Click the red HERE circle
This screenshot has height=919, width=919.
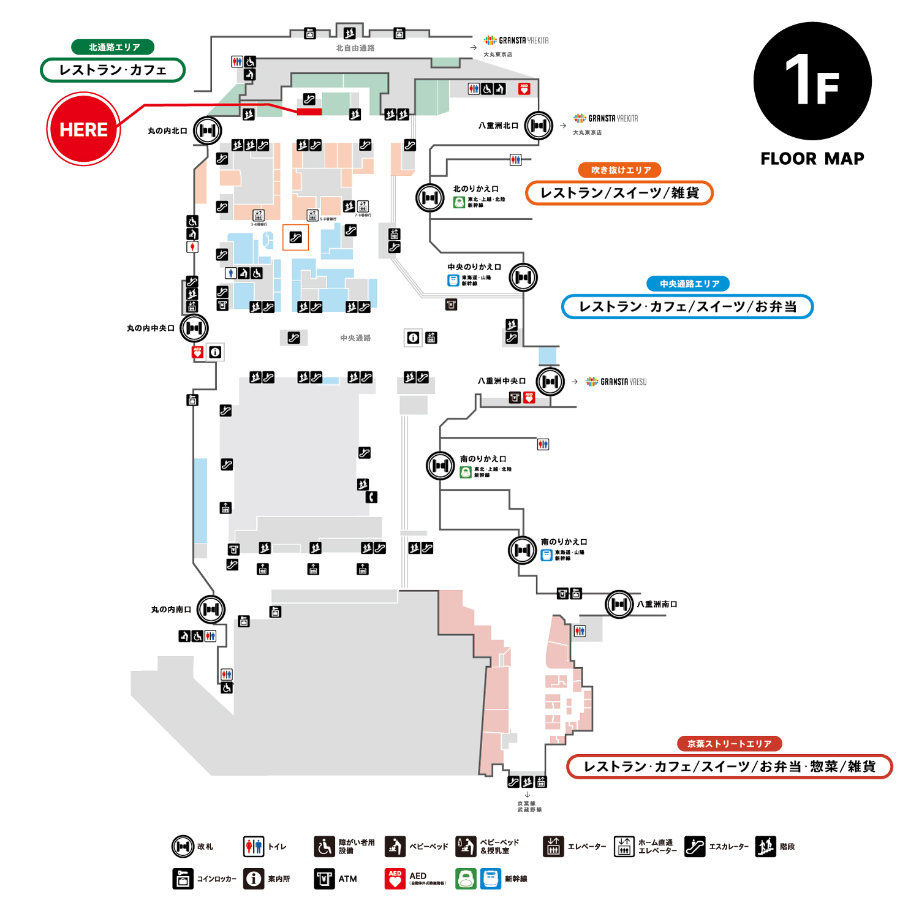click(x=83, y=129)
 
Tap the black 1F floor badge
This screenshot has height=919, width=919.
click(x=812, y=81)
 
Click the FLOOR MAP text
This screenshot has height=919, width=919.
click(x=812, y=159)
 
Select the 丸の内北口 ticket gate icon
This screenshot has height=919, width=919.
click(x=207, y=130)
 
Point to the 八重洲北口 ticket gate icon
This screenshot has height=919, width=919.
click(x=539, y=126)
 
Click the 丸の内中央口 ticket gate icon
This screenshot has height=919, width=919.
click(x=194, y=328)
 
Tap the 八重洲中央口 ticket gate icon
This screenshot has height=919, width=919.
click(x=550, y=381)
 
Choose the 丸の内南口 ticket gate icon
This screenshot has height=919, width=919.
click(x=211, y=609)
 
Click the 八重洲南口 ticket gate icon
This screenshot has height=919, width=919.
click(x=619, y=604)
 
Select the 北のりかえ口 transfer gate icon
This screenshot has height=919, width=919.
click(x=429, y=198)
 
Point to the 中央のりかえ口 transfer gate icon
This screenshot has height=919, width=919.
click(x=523, y=278)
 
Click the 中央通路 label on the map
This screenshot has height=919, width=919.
click(x=355, y=338)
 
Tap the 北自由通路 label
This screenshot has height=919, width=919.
click(x=355, y=48)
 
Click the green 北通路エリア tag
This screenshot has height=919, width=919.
click(x=113, y=47)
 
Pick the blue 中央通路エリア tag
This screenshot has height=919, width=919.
click(x=689, y=284)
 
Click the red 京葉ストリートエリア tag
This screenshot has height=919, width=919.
click(x=729, y=744)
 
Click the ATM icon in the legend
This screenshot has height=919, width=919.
click(x=324, y=879)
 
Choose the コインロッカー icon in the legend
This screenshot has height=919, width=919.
click(x=183, y=879)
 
